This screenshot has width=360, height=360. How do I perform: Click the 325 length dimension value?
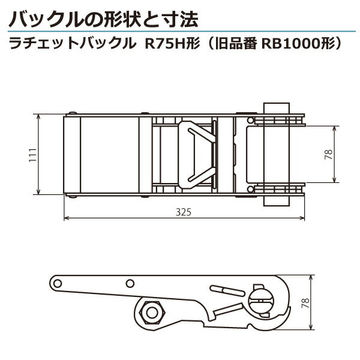click(184, 212)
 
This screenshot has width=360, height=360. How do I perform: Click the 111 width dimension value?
click(33, 155)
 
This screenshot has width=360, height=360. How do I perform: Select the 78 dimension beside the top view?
click(328, 154)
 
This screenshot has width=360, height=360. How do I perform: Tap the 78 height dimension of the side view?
click(306, 303)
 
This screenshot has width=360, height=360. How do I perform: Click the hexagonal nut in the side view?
click(152, 313)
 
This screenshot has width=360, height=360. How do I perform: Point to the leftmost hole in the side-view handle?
click(58, 283)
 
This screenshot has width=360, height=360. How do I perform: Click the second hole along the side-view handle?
click(130, 283)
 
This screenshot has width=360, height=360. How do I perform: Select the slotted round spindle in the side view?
click(261, 301)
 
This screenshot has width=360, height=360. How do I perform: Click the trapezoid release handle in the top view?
click(197, 155)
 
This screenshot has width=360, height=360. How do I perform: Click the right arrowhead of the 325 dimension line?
click(302, 218)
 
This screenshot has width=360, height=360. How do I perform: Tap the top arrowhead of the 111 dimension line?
click(38, 117)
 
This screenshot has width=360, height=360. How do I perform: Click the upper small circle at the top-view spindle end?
click(250, 121)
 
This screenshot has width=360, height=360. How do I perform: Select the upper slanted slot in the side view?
click(227, 290)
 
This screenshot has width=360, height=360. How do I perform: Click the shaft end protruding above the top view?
click(277, 109)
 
